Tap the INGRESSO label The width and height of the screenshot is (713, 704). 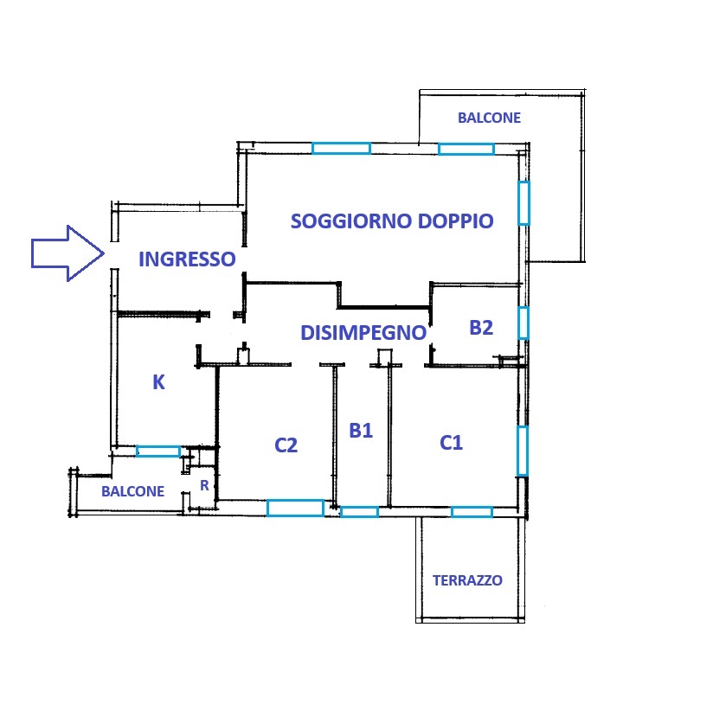coord(187,259)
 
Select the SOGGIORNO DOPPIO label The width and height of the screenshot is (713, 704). coord(392,221)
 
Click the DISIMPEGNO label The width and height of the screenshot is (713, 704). coord(363,333)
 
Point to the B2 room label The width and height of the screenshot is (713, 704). coord(481,328)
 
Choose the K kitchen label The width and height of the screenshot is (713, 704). coord(158,382)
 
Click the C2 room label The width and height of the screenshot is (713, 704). coord(286,445)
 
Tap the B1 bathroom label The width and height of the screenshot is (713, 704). coord(361,430)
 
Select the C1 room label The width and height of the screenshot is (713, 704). coord(451,443)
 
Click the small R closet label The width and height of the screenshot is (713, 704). coord(204,485)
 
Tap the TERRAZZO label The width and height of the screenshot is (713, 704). coord(467,580)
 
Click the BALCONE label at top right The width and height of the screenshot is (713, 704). coord(489,118)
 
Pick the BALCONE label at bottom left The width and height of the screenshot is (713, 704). coord(132,491)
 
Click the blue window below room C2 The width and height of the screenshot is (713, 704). coord(295,509)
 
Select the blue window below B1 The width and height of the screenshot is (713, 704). coord(359,512)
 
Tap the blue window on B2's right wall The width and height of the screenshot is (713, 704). coord(524,323)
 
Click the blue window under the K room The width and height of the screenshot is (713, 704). coord(158,451)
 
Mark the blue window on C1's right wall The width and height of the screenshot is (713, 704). coord(523,451)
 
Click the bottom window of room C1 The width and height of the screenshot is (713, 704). coord(472,512)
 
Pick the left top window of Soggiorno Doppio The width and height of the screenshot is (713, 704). coord(341,148)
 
